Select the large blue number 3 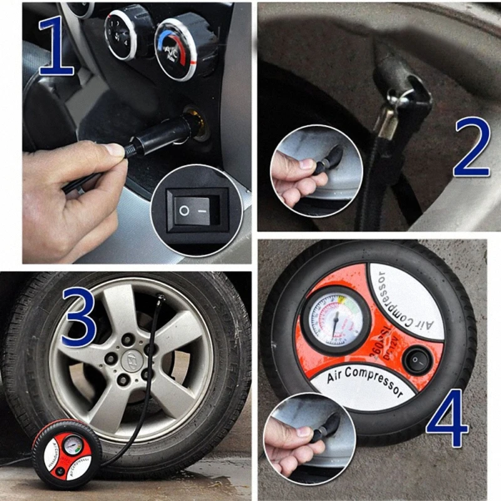[x=78, y=318]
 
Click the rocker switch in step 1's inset [x=194, y=210]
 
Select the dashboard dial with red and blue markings [x=175, y=49]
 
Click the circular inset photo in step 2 [x=316, y=170]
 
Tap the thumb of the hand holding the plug [x=113, y=150]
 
